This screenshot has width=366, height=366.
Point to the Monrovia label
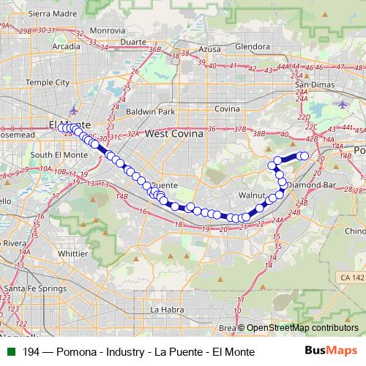pyautogui.click(x=108, y=31)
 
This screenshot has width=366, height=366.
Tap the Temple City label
pyautogui.click(x=47, y=83)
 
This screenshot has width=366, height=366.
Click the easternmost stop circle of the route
pyautogui.click(x=305, y=155)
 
